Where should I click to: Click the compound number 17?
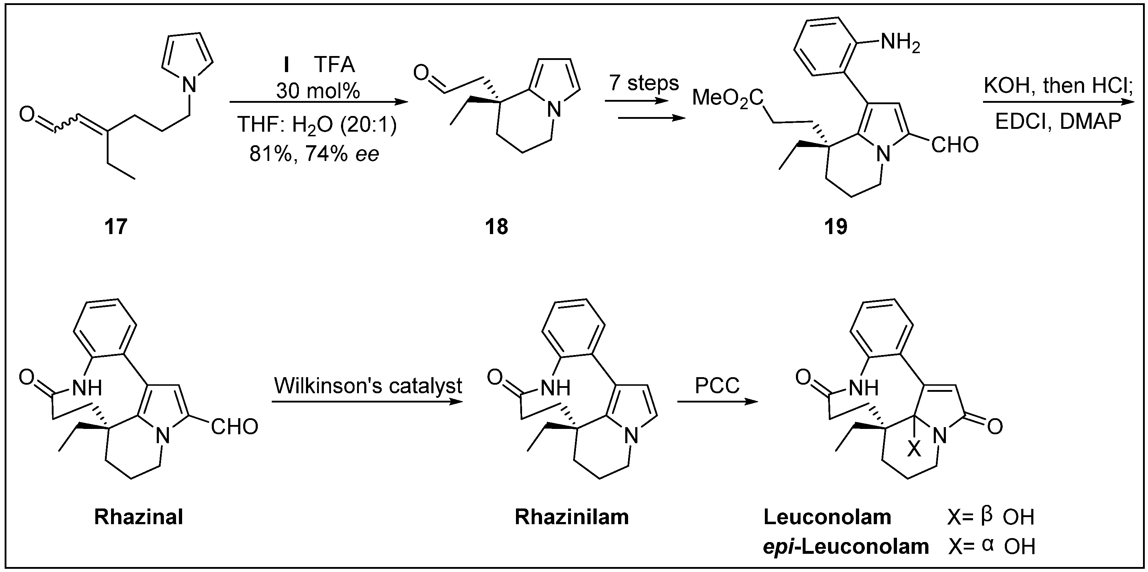(x=115, y=227)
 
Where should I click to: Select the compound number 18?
(x=496, y=227)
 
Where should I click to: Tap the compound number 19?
(x=836, y=227)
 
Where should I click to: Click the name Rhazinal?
(x=139, y=517)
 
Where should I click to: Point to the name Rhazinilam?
(x=572, y=517)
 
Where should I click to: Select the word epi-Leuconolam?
(x=846, y=546)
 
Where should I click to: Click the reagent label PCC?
(x=717, y=385)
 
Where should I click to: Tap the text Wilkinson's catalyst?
(x=368, y=386)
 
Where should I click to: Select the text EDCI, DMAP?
(x=1058, y=122)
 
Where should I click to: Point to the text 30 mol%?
(x=318, y=91)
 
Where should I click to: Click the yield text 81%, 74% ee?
(x=314, y=154)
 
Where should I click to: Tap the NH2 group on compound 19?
(x=900, y=44)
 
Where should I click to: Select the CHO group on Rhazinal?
(x=234, y=427)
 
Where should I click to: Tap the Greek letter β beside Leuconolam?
(x=987, y=515)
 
